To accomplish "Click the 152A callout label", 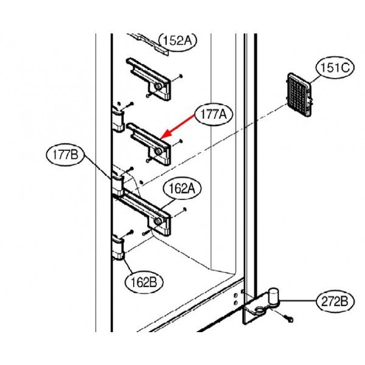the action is pyautogui.click(x=178, y=41).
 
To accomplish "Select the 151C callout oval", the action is pyautogui.click(x=335, y=68).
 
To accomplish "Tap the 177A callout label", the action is pyautogui.click(x=214, y=114).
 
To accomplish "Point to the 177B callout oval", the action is pyautogui.click(x=66, y=155).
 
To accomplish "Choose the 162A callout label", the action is pyautogui.click(x=182, y=189).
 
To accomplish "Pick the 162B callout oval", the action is pyautogui.click(x=144, y=282).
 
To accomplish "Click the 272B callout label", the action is pyautogui.click(x=335, y=302).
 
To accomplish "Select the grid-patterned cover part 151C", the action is pyautogui.click(x=299, y=95).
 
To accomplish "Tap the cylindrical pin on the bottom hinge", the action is pyautogui.click(x=273, y=296).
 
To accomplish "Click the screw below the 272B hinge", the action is pyautogui.click(x=288, y=318).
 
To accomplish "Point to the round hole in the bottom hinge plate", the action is pyautogui.click(x=259, y=310).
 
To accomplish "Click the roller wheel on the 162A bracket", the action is pyautogui.click(x=158, y=221).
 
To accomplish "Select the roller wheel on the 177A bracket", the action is pyautogui.click(x=158, y=151).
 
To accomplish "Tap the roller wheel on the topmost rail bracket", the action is pyautogui.click(x=158, y=86).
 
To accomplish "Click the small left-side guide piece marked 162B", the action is pyautogui.click(x=118, y=247).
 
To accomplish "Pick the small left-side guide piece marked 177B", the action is pyautogui.click(x=118, y=183).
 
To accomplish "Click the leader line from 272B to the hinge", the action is pyautogui.click(x=297, y=301).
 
